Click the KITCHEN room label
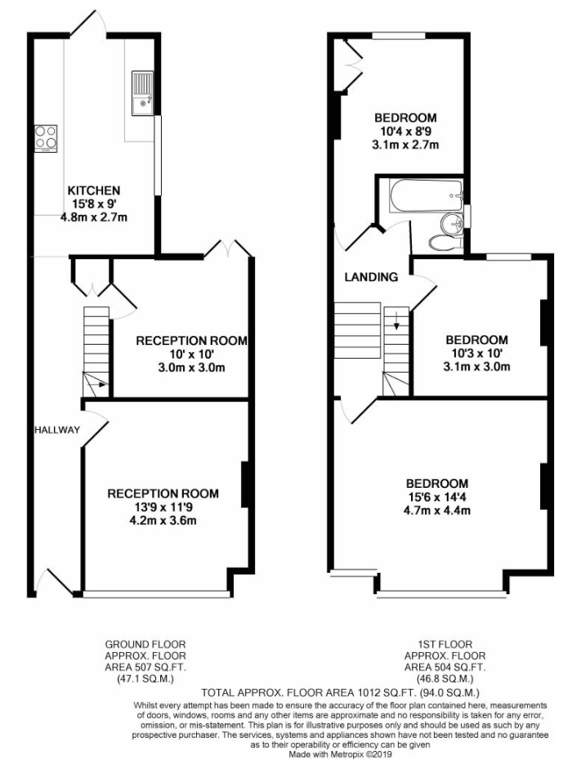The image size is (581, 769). click(93, 190)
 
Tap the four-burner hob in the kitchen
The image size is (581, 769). click(45, 137)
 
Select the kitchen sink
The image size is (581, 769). click(141, 92)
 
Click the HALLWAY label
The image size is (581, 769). click(56, 430)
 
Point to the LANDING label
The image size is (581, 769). click(370, 277)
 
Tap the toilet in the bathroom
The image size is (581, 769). click(443, 242)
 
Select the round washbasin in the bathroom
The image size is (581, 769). click(451, 222)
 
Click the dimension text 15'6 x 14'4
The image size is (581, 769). click(436, 497)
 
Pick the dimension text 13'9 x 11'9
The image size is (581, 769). click(163, 507)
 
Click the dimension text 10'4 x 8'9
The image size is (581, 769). click(405, 132)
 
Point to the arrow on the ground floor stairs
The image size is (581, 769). click(97, 383)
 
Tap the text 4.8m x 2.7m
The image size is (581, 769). click(94, 217)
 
